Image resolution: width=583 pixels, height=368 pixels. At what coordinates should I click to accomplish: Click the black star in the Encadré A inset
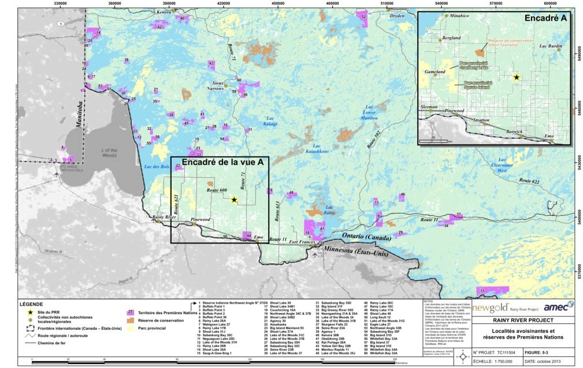click(517, 77)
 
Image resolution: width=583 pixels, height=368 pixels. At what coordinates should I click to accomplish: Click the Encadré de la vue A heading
click(223, 162)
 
